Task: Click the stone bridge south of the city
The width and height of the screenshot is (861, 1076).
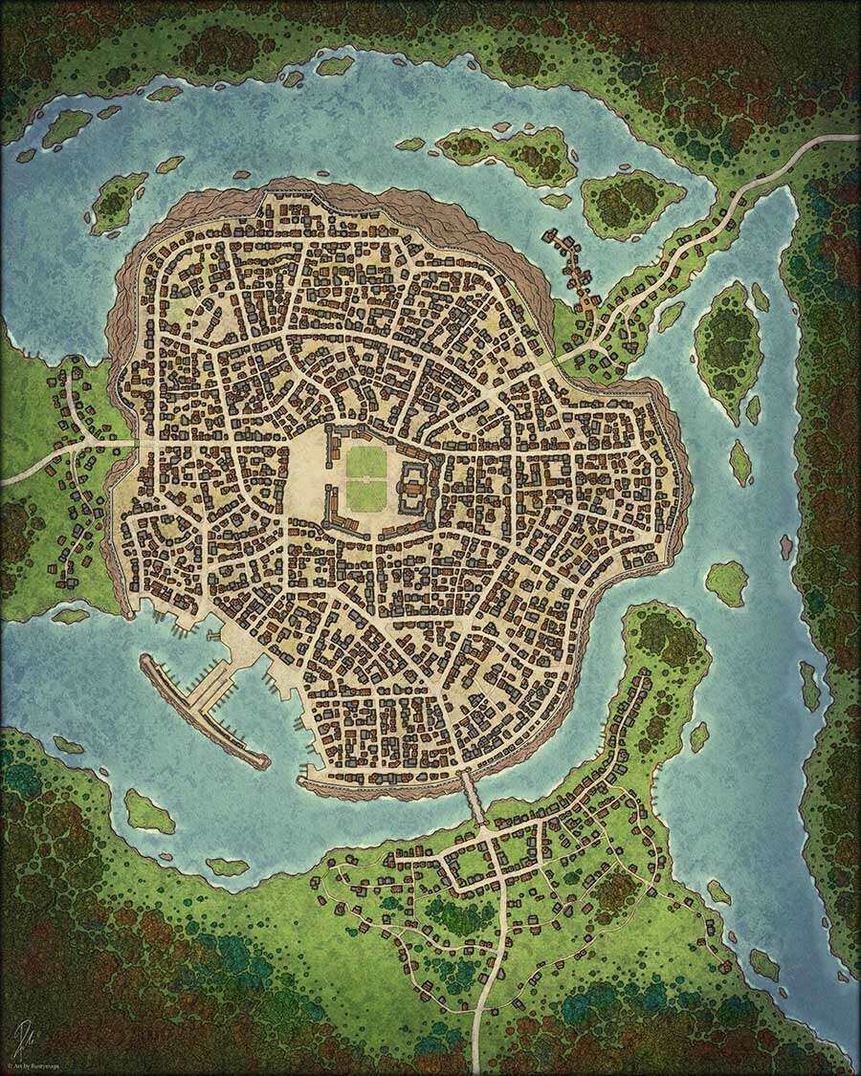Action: (x=474, y=798)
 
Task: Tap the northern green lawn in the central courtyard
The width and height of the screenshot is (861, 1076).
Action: (x=365, y=463)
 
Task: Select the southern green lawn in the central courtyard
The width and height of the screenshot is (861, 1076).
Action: (x=365, y=495)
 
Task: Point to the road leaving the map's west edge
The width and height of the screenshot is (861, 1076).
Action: (x=14, y=475)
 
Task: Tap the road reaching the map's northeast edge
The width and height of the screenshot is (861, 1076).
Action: (x=832, y=142)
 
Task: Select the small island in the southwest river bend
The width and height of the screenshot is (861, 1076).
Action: (x=148, y=811)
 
